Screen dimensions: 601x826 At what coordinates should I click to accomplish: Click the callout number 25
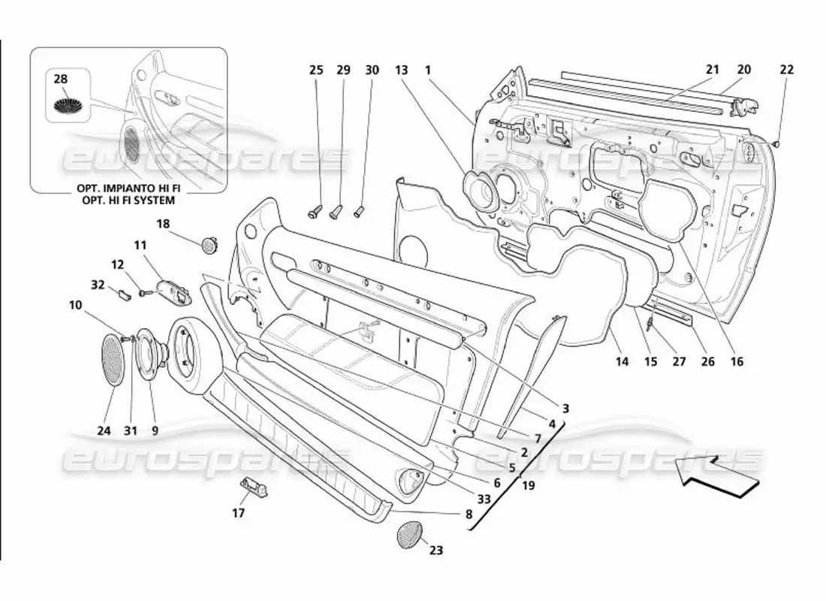pyautogui.click(x=316, y=70)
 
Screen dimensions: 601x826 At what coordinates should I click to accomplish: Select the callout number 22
pyautogui.click(x=786, y=70)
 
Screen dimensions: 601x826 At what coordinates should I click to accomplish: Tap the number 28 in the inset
pyautogui.click(x=61, y=79)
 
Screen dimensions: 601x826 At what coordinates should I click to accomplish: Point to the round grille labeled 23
pyautogui.click(x=409, y=533)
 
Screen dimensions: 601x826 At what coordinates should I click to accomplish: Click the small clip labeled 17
pyautogui.click(x=254, y=487)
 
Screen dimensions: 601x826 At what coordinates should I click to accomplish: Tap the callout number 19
pyautogui.click(x=528, y=485)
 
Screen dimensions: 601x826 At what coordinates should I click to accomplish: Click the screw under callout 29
pyautogui.click(x=336, y=210)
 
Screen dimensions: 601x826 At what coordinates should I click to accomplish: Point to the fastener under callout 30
pyautogui.click(x=359, y=210)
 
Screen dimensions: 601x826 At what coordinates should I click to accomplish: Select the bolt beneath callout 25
pyautogui.click(x=315, y=212)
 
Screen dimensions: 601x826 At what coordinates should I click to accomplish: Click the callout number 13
pyautogui.click(x=402, y=70)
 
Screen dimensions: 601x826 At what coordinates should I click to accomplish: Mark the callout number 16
pyautogui.click(x=737, y=361)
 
